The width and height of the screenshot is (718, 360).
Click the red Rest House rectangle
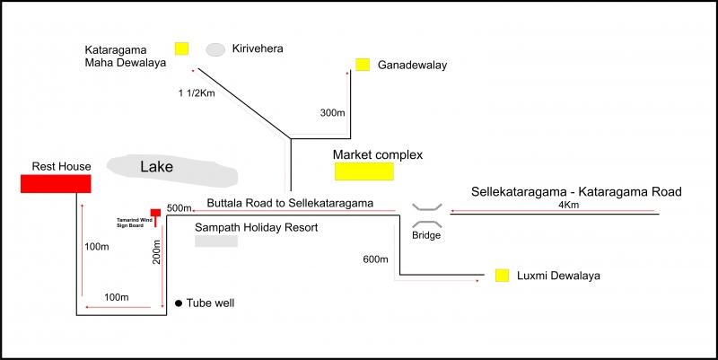point(56,184)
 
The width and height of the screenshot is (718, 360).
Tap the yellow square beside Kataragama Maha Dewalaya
point(182,48)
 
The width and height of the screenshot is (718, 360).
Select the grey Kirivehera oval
point(215,49)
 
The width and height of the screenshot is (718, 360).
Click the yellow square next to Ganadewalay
point(363,65)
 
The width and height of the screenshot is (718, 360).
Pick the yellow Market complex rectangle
point(364,172)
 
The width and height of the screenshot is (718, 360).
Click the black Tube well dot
point(179,303)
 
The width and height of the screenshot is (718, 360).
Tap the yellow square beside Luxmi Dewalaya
point(503,275)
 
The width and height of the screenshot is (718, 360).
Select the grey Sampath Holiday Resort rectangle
point(216,241)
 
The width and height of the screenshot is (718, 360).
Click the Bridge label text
point(426,236)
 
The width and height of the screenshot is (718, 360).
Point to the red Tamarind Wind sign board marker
point(155,214)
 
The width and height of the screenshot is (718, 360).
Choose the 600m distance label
point(375,259)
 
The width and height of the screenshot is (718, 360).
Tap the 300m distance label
point(332,113)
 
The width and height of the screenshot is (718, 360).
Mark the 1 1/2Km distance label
point(197,92)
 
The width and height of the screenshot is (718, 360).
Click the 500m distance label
point(180,208)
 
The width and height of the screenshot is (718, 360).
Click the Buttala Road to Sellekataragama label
point(290,203)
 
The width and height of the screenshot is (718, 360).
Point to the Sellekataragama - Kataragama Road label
point(578,191)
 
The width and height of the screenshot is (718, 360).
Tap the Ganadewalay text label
point(412,66)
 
